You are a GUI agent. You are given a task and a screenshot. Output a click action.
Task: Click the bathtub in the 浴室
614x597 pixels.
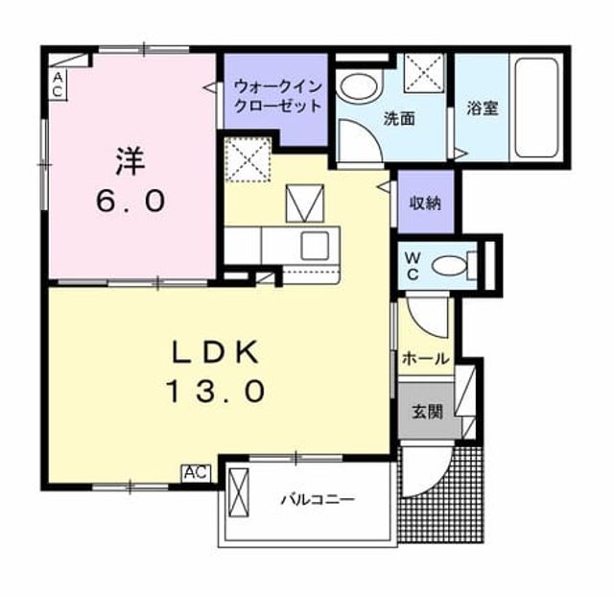click(x=536, y=107)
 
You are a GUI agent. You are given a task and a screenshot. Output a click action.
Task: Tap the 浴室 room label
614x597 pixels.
click(x=482, y=108)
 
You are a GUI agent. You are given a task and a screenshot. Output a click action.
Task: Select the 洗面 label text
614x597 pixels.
click(x=399, y=118)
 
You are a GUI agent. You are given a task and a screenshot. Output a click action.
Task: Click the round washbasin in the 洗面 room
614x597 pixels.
click(x=359, y=87)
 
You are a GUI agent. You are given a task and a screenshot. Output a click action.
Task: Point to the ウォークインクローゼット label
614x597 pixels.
click(x=277, y=96)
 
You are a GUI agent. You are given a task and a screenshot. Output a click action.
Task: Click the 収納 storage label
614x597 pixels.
click(x=425, y=203)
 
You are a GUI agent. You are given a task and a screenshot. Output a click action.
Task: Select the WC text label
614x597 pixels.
click(x=413, y=266)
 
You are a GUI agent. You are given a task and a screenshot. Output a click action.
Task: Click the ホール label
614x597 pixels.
click(x=426, y=358)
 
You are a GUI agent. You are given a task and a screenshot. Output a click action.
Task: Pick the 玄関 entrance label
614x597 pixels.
click(x=427, y=412)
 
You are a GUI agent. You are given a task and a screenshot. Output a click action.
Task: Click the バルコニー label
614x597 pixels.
click(x=318, y=499)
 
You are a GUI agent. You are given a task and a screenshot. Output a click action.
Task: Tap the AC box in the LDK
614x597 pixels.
click(x=196, y=473)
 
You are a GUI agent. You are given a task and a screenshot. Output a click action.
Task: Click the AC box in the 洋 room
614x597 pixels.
click(x=58, y=84)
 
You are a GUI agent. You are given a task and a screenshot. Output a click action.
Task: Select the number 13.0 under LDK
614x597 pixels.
click(x=216, y=392)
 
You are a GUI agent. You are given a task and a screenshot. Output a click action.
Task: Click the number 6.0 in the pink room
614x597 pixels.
click(x=130, y=202)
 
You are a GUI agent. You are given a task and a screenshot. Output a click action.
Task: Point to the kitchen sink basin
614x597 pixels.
click(x=315, y=246)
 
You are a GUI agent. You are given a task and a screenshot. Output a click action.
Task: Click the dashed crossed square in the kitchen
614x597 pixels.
click(x=248, y=159)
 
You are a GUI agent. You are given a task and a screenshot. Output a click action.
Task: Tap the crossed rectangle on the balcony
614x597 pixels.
click(x=239, y=492)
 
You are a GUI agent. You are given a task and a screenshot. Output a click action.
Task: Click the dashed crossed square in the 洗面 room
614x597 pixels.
click(x=424, y=73)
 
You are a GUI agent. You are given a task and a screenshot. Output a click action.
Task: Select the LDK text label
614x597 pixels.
click(x=216, y=351)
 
